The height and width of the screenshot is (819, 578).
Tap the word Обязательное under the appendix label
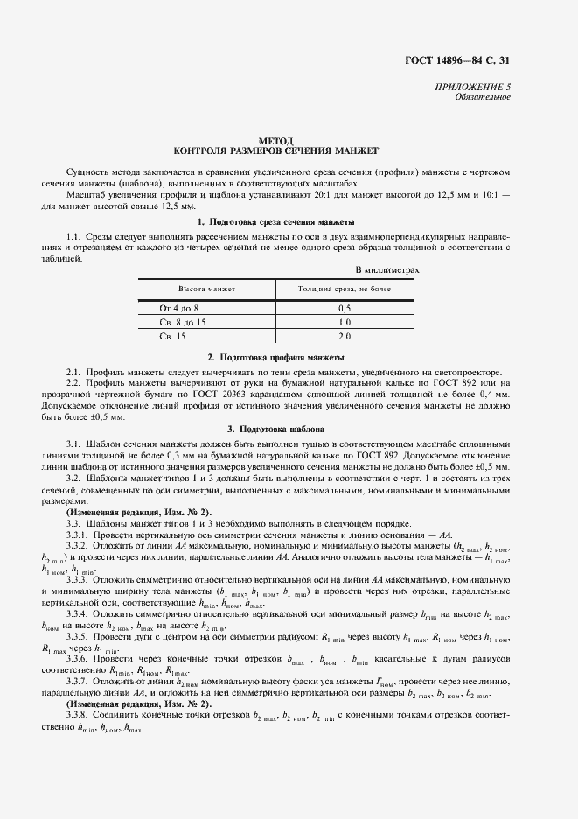483,98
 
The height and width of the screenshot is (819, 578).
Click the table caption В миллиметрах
387,270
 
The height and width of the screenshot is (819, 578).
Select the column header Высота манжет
207,288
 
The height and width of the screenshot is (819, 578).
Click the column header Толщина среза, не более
344,288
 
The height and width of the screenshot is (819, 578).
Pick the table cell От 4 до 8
179,309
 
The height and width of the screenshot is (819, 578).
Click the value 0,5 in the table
344,309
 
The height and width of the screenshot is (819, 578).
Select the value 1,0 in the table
344,323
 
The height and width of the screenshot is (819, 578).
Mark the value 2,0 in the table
344,336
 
